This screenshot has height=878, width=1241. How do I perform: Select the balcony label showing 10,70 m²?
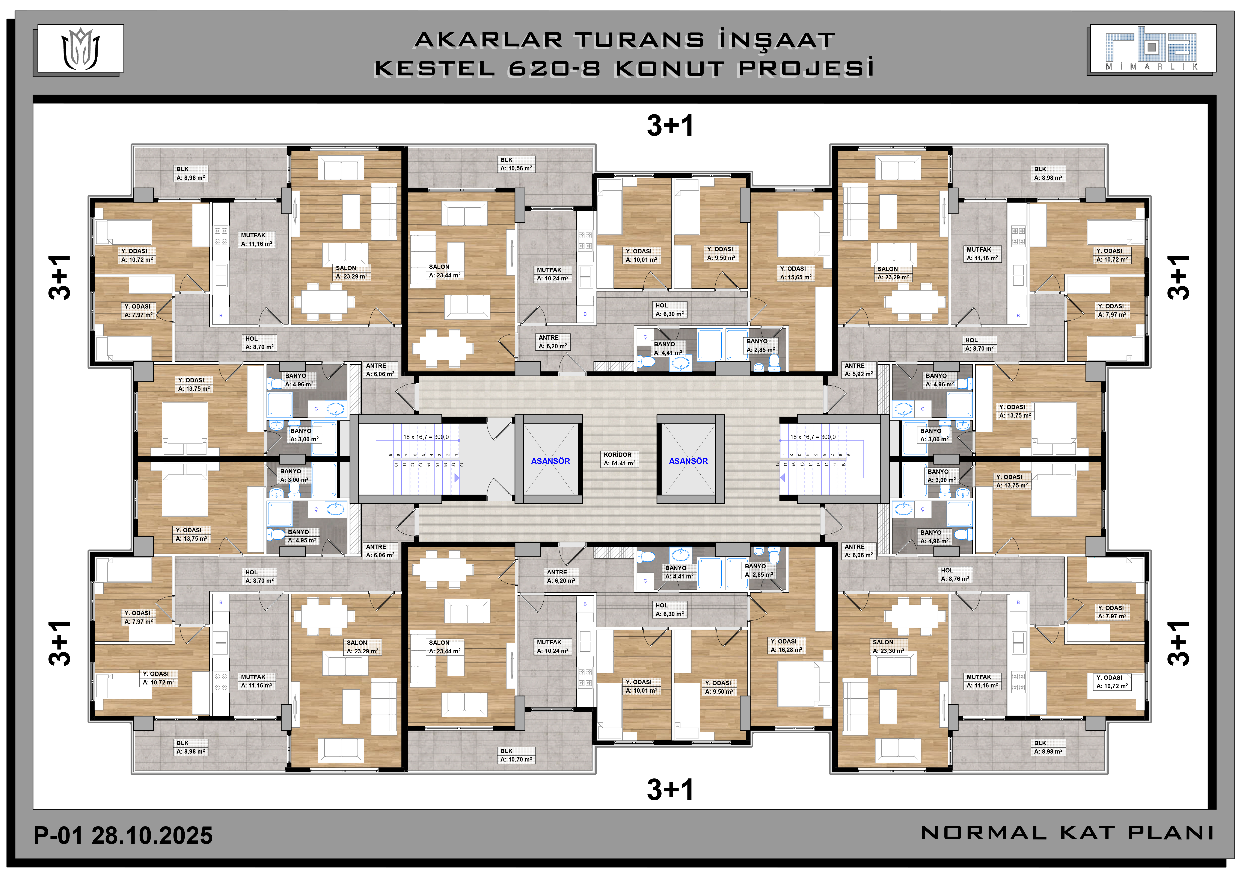(x=516, y=755)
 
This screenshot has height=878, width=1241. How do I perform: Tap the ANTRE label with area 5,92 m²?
(x=858, y=370)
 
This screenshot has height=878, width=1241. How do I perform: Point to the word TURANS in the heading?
(x=639, y=40)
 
